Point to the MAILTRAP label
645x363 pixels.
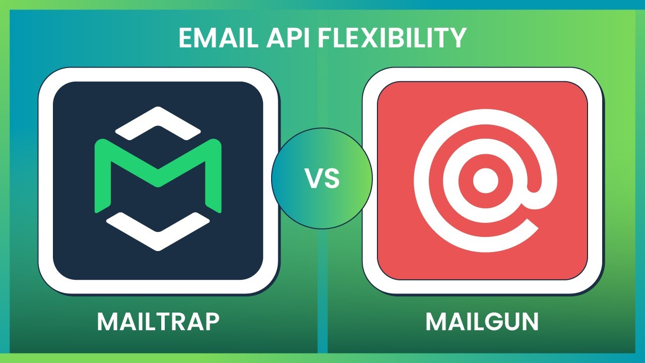pyautogui.click(x=158, y=322)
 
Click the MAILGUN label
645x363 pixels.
pyautogui.click(x=482, y=322)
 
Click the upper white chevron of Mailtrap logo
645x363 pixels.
pyautogui.click(x=158, y=121)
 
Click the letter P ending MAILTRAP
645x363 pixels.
pyautogui.click(x=212, y=322)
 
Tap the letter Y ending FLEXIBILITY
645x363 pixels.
pyautogui.click(x=457, y=38)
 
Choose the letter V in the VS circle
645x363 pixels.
pyautogui.click(x=312, y=178)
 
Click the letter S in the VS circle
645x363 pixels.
pyautogui.click(x=332, y=178)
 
